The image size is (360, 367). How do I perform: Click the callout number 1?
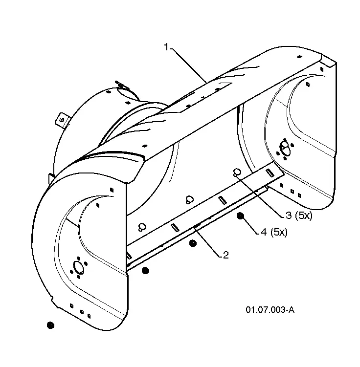(166, 47)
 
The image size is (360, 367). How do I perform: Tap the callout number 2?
(225, 255)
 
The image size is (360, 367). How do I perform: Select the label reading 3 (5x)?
(299, 216)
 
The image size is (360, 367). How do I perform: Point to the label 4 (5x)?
(274, 232)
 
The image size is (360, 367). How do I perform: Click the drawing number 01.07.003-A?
(270, 310)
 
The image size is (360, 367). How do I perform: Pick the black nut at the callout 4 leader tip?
(240, 216)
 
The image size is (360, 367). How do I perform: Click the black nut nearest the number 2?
(193, 243)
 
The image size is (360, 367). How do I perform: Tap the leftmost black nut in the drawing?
(50, 325)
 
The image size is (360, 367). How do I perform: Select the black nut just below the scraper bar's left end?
(145, 271)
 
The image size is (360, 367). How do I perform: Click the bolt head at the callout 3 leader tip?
(237, 172)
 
